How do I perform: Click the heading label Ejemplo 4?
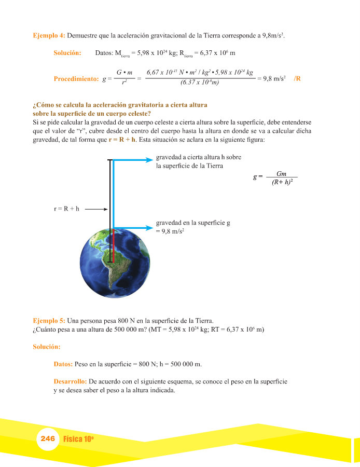pyautogui.click(x=49, y=36)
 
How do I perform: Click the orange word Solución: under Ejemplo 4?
pyautogui.click(x=67, y=53)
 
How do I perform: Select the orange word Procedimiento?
pyautogui.click(x=76, y=79)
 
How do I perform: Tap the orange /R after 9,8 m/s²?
pyautogui.click(x=297, y=79)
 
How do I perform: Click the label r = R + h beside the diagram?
pyautogui.click(x=67, y=209)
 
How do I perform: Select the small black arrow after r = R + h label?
pyautogui.click(x=95, y=209)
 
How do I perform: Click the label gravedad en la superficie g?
pyautogui.click(x=193, y=223)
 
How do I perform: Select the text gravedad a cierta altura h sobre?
pyautogui.click(x=199, y=157)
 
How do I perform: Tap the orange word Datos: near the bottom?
pyautogui.click(x=63, y=364)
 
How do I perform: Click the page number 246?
pyautogui.click(x=48, y=438)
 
